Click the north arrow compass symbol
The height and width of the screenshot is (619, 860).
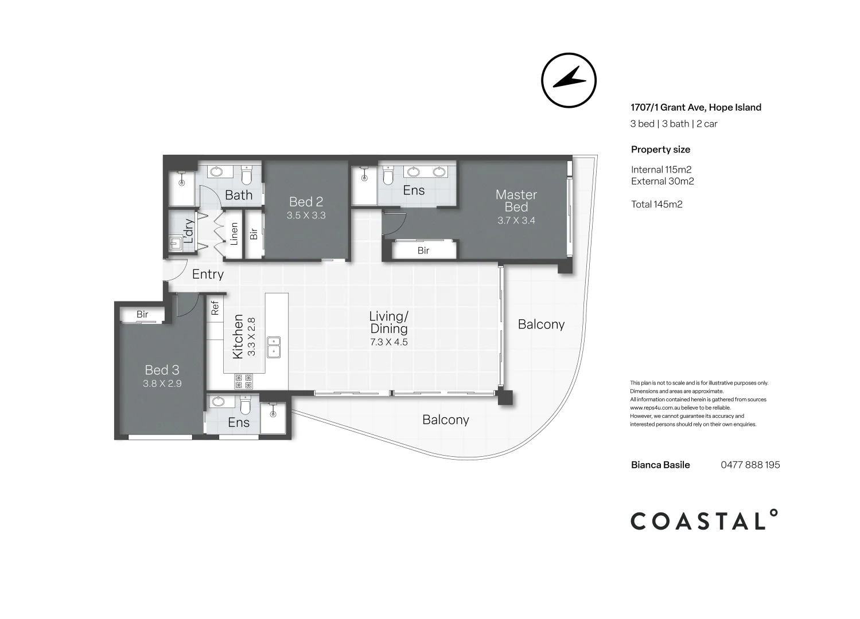pos(569,80)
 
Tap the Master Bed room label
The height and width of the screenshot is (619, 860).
pos(516,201)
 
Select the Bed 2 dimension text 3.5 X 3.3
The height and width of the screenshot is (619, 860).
pos(306,216)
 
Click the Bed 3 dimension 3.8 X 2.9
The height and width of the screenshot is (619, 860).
pos(162,383)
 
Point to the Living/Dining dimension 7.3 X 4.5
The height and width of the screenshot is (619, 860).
pos(388,342)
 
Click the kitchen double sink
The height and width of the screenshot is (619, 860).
pos(273,347)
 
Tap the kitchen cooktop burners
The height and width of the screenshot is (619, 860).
pos(243,382)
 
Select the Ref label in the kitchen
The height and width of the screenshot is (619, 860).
pos(215,308)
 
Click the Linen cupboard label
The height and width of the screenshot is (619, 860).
pos(234,234)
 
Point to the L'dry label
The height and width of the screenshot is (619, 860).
pos(189,230)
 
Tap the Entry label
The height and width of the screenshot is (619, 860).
pos(208,274)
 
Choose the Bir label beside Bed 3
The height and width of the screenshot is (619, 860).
pos(142,315)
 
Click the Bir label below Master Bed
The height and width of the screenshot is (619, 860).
pos(423,250)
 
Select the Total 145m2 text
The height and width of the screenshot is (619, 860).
pos(656,205)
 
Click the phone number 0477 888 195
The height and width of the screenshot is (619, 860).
pos(750,465)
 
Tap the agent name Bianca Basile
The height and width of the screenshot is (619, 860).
pos(660,465)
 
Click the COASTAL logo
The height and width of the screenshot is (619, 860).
pos(704,520)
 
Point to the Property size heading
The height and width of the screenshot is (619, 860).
pos(660,150)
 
